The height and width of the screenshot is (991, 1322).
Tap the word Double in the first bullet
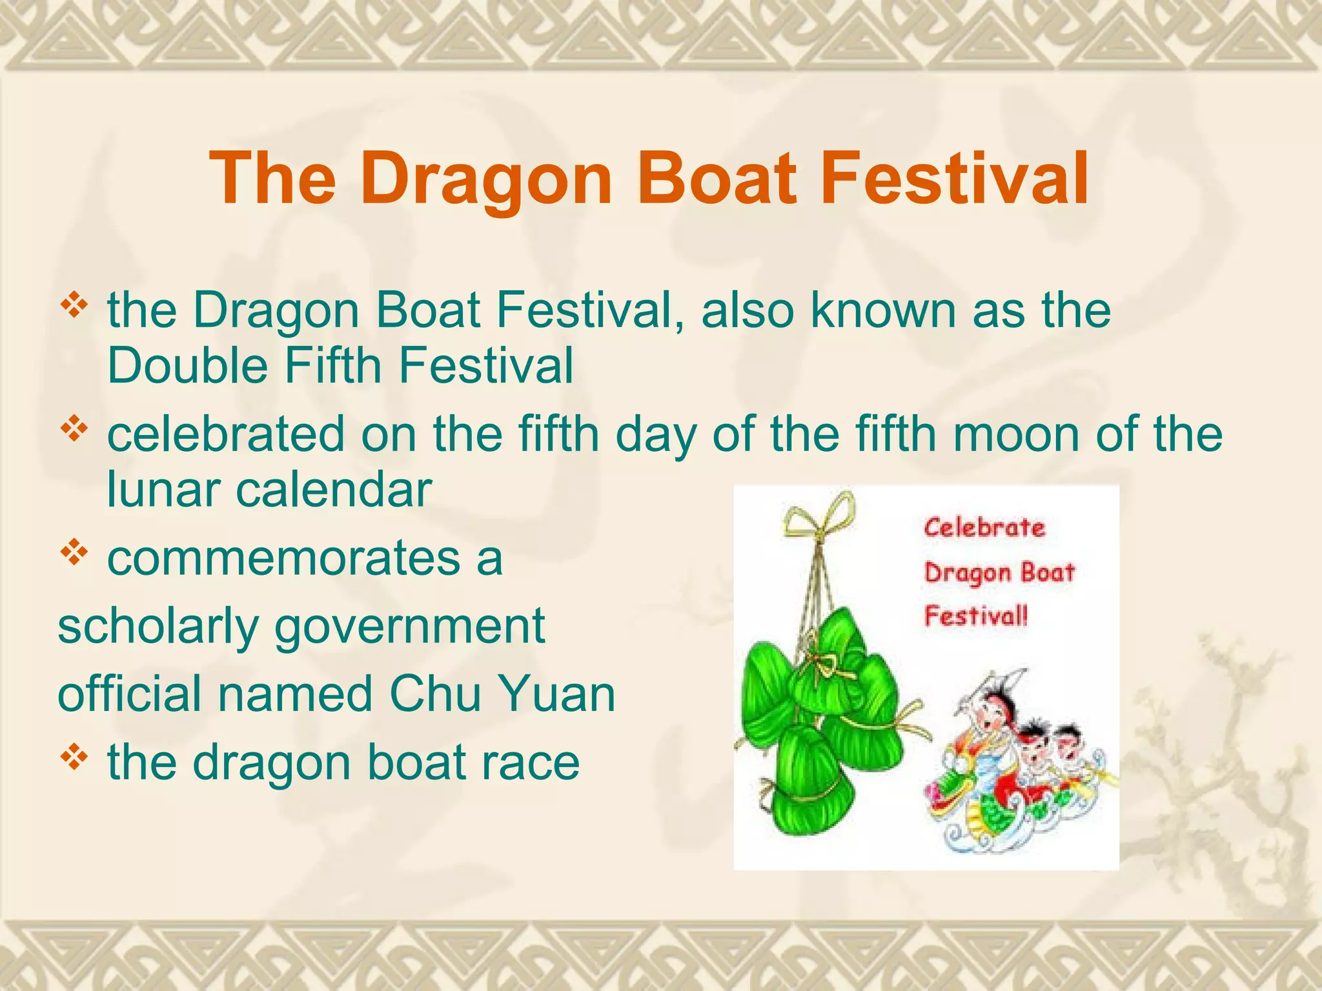(x=187, y=365)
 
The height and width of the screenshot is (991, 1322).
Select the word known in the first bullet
(x=883, y=310)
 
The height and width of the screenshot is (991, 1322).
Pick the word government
(x=410, y=627)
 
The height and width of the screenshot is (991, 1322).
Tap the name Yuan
(x=557, y=694)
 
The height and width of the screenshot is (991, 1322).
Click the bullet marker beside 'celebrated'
(x=74, y=428)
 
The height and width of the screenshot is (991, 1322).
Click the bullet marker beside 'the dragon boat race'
(x=74, y=757)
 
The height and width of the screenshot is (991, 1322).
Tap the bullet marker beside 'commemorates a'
(x=74, y=553)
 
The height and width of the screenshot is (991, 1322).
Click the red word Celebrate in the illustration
(x=984, y=528)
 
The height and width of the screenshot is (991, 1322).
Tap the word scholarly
(x=158, y=627)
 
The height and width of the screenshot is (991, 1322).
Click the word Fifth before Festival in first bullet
(x=333, y=365)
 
